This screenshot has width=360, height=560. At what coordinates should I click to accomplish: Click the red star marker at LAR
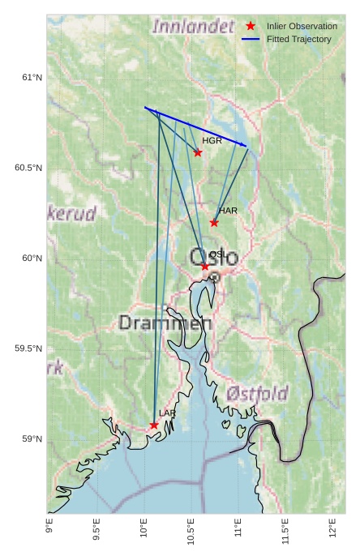click(x=154, y=425)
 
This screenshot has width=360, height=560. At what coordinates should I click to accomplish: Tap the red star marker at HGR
click(x=198, y=152)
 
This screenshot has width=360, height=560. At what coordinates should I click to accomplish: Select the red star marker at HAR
click(x=214, y=222)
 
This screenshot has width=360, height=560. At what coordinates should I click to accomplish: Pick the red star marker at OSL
click(x=205, y=266)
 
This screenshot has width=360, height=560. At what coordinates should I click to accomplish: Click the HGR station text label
click(x=212, y=141)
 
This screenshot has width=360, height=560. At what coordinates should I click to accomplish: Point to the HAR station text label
click(x=228, y=211)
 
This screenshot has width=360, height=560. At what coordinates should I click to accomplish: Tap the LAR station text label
click(x=167, y=413)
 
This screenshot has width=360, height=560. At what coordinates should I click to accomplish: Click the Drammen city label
click(x=165, y=323)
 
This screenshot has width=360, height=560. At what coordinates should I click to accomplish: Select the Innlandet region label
click(x=192, y=27)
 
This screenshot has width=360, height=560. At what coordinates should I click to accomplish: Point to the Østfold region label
click(x=257, y=394)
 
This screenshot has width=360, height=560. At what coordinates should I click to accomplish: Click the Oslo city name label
click(x=214, y=258)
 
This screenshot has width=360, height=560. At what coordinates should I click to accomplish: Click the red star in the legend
click(x=251, y=26)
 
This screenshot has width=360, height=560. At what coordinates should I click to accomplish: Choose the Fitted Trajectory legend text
click(x=298, y=39)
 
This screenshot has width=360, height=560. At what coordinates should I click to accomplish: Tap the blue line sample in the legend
click(x=251, y=39)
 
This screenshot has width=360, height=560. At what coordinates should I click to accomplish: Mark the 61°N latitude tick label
click(x=31, y=78)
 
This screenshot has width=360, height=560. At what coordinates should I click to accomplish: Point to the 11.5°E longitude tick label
click(x=285, y=536)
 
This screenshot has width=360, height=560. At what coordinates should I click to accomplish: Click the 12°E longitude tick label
click(x=332, y=534)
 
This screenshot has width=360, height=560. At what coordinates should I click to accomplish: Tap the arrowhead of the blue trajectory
click(x=246, y=146)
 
